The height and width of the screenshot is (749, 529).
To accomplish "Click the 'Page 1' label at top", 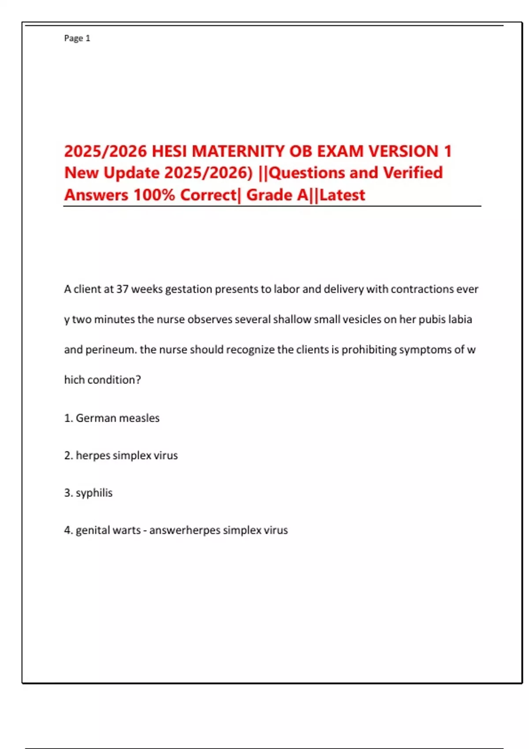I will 77,38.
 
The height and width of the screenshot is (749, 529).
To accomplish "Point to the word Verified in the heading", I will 413,173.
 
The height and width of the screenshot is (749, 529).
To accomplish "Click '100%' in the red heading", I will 154,195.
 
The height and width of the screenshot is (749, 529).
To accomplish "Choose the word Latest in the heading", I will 343,195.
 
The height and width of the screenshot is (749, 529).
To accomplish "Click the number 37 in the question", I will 122,289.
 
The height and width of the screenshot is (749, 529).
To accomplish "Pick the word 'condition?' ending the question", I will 114,380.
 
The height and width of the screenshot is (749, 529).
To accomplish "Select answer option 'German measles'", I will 117,418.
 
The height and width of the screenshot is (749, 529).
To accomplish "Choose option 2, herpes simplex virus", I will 127,455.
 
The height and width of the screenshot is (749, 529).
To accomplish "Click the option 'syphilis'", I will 94,493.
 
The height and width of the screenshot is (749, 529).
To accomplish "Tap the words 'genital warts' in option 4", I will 108,530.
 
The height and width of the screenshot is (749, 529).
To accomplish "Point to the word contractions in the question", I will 422,289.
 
